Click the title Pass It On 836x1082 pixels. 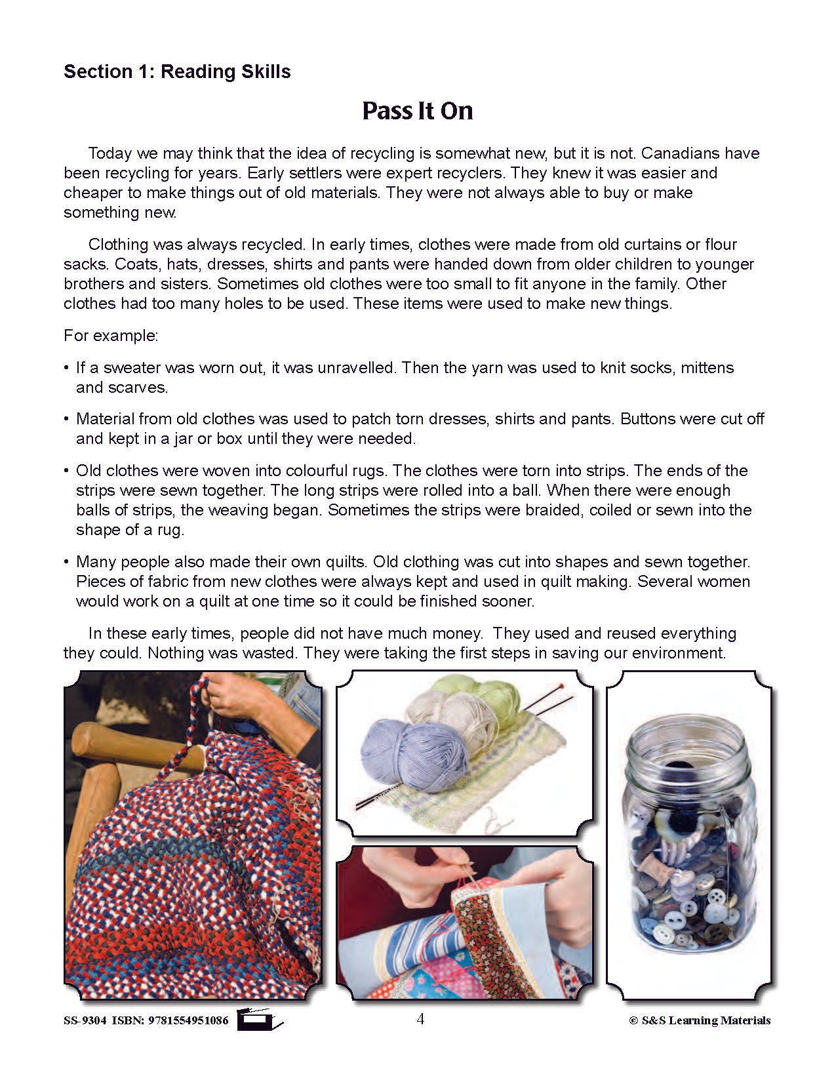coord(417,111)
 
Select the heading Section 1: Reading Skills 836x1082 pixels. coord(177,71)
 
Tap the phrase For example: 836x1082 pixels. coord(111,336)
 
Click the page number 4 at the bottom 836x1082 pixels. coord(420,1019)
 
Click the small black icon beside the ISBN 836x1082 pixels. coord(259,1019)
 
